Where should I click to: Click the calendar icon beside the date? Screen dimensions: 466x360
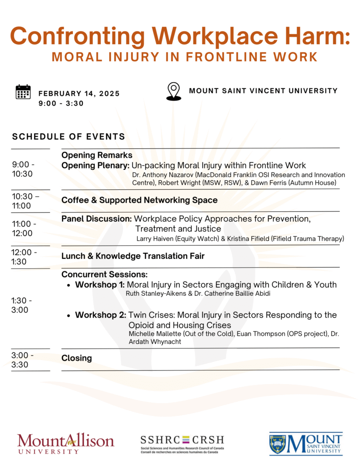[23, 92]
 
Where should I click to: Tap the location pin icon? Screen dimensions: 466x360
[174, 91]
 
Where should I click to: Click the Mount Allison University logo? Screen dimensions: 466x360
[66, 444]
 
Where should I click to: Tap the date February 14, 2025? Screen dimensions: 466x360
[79, 94]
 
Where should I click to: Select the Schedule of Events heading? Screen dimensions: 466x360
[69, 137]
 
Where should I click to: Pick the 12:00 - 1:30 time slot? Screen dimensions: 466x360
[25, 257]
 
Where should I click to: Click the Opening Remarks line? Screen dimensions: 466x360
[97, 155]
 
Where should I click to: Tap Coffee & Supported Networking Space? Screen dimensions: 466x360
[139, 200]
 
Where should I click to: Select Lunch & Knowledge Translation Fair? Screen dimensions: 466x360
[133, 256]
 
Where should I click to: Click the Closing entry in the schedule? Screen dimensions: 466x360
[76, 358]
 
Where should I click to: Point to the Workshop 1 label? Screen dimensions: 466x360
[100, 285]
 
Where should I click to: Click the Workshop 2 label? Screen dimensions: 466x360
[101, 315]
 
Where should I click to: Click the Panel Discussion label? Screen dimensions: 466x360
[96, 219]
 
